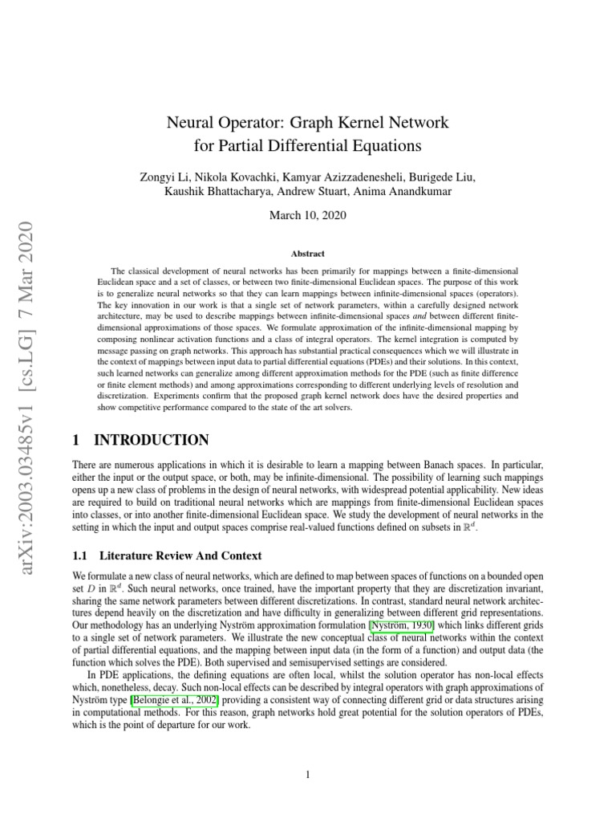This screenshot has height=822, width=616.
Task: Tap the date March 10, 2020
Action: coord(308,215)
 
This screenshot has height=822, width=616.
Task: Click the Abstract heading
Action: coord(308,253)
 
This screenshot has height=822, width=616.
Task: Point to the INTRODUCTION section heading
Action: coord(152,440)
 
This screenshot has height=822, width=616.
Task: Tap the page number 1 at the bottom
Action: coord(308,774)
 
